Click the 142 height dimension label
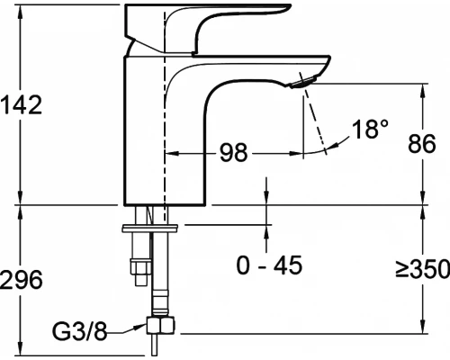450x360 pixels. [21, 104]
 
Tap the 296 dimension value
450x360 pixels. [21, 280]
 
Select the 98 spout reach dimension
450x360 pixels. [234, 152]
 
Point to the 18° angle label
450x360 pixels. [370, 129]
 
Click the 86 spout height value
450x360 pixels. [421, 143]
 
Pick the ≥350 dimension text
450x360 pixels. [422, 268]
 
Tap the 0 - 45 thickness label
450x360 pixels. [269, 265]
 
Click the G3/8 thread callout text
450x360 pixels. [79, 331]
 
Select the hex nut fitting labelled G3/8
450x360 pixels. [160, 325]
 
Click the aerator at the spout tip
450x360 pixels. [303, 82]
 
